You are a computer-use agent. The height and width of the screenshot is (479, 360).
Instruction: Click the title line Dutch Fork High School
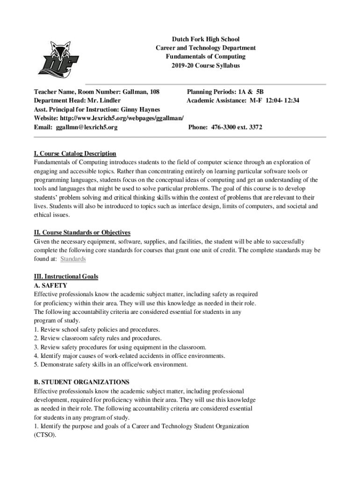206,39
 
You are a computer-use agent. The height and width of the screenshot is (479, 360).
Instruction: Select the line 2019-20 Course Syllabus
206,65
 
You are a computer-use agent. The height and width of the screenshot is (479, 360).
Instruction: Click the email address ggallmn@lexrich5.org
86,127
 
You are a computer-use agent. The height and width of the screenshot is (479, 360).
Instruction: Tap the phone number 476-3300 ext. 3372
225,127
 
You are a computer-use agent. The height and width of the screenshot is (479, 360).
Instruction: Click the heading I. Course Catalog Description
75,153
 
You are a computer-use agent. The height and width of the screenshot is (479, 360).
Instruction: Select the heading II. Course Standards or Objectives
82,232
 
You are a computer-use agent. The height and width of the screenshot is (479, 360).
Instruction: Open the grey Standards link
73,259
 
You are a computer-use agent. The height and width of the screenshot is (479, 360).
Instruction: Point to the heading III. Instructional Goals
66,276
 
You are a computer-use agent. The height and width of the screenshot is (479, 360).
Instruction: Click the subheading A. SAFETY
50,285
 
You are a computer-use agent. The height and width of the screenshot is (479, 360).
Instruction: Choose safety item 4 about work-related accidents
129,356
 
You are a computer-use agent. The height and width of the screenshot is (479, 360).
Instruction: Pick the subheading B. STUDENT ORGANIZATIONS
81,382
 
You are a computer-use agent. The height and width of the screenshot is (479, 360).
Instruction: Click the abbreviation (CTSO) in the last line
44,435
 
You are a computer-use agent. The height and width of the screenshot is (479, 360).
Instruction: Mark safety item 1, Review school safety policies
97,329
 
